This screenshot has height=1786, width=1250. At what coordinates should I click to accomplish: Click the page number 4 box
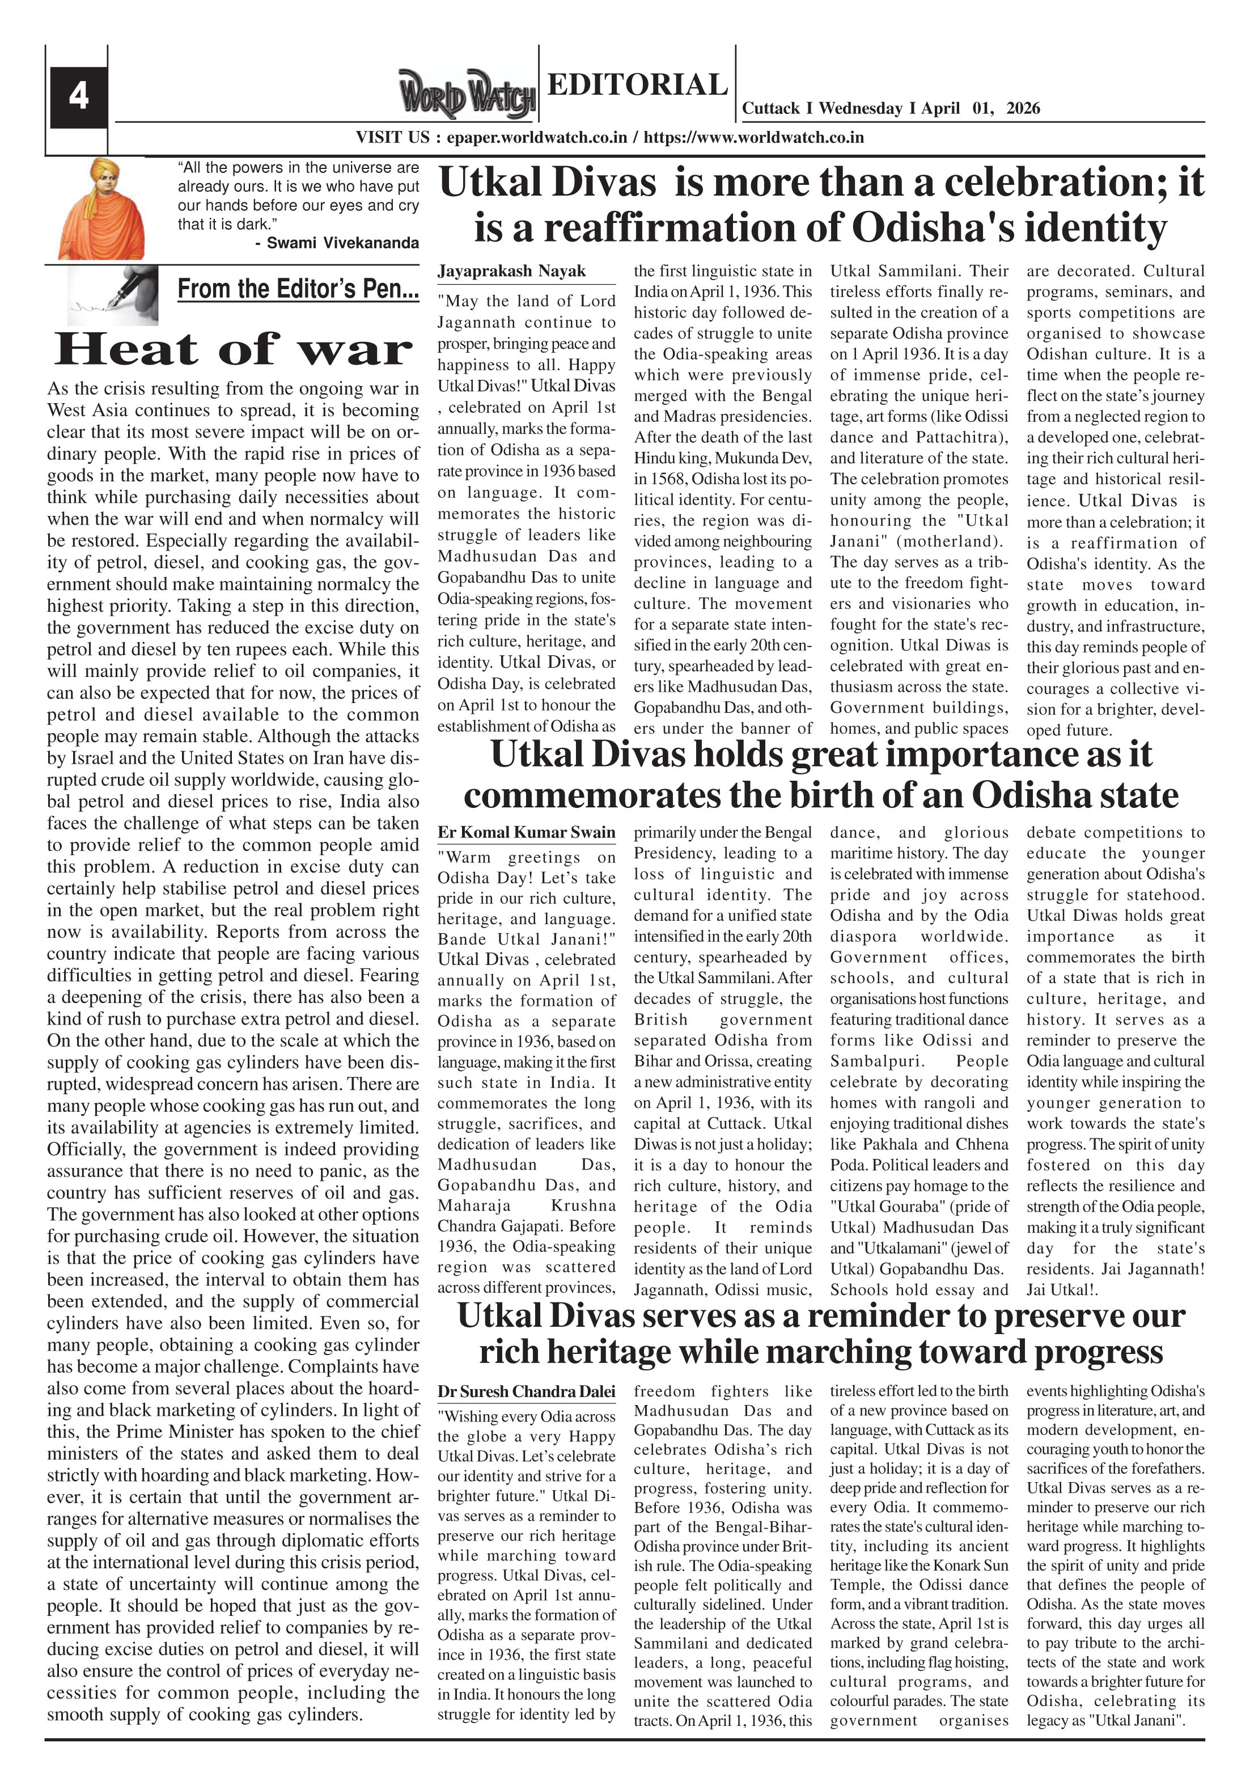tap(78, 97)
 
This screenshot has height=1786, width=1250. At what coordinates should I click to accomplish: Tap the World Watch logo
tap(467, 95)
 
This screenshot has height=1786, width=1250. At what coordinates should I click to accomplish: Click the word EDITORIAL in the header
tap(637, 84)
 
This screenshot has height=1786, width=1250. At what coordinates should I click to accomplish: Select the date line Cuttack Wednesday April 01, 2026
tap(891, 108)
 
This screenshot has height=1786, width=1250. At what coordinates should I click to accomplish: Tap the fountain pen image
tap(112, 295)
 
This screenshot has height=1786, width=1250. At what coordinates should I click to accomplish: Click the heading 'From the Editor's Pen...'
tap(298, 289)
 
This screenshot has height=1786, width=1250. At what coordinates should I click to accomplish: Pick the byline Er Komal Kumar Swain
tap(526, 832)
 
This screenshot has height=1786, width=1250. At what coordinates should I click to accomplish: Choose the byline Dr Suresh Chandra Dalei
tap(526, 1391)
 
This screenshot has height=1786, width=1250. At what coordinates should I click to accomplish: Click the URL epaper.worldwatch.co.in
tap(537, 138)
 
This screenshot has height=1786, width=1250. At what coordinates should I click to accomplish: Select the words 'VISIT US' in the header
tap(393, 138)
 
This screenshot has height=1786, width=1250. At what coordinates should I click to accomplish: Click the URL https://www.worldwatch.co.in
tap(754, 138)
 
